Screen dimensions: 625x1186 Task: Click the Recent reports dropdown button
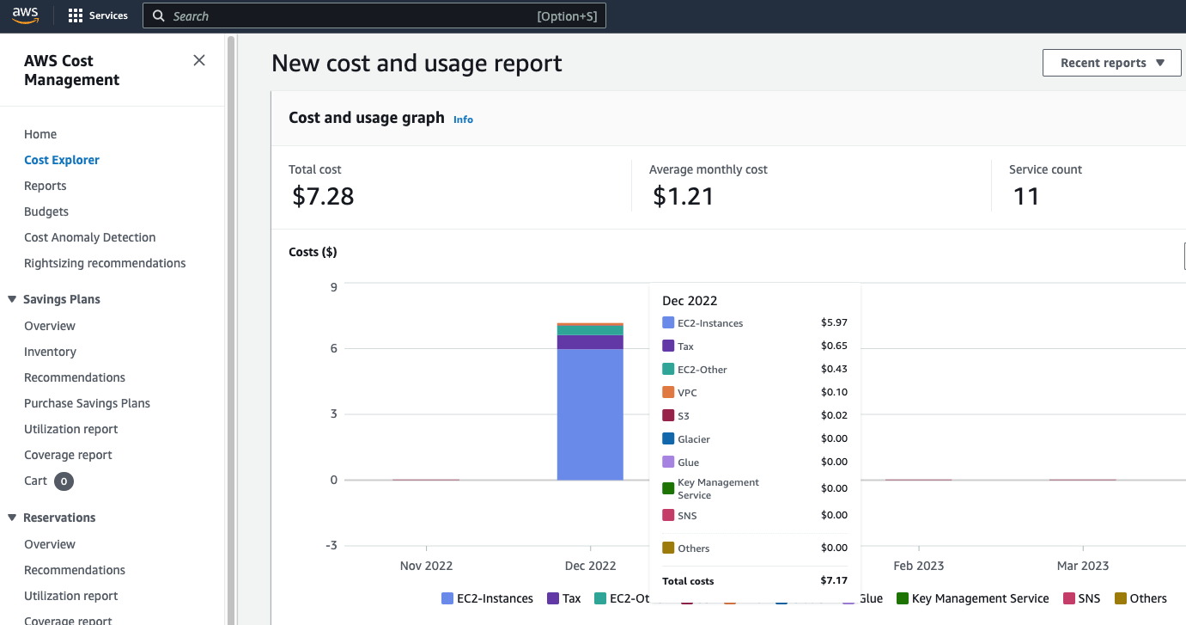pos(1111,63)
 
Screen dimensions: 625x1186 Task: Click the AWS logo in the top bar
pos(26,15)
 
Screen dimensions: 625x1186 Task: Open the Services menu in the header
pos(98,15)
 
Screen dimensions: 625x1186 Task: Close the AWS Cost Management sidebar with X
pos(199,60)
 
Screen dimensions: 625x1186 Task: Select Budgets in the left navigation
pos(46,211)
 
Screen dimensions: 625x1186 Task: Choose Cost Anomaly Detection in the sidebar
pos(90,237)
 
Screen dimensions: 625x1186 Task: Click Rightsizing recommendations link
pos(105,263)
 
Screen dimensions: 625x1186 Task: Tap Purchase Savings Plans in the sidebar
pos(87,403)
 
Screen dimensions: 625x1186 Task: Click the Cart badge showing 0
pos(64,481)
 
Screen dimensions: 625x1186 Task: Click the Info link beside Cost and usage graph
pos(463,119)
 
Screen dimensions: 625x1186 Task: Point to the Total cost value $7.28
pos(323,196)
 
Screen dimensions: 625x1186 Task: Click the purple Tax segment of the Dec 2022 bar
pos(590,342)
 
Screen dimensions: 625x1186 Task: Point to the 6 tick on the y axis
pos(333,348)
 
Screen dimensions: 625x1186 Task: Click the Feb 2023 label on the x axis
pos(918,566)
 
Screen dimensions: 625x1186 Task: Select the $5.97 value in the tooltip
pos(833,322)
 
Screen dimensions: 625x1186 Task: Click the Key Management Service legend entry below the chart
pos(972,598)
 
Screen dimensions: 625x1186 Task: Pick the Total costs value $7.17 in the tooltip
pos(833,581)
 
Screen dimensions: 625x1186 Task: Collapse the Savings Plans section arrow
pos(12,299)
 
